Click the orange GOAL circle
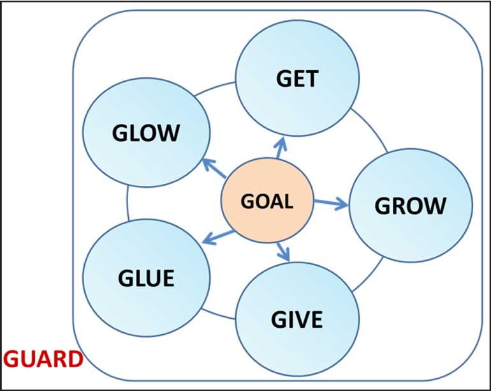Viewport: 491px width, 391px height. (267, 200)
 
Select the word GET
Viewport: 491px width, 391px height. (297, 79)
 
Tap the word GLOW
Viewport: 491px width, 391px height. (146, 133)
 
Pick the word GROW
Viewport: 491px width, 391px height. (410, 206)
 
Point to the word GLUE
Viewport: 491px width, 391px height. (146, 278)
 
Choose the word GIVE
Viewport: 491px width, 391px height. (297, 320)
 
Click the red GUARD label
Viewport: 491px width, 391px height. (43, 359)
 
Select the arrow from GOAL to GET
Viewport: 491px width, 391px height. (281, 148)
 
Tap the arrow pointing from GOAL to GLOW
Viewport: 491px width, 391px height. (214, 168)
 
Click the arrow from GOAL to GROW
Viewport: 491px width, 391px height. (331, 203)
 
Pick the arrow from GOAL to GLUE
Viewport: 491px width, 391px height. (218, 237)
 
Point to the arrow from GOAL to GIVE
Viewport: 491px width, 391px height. (283, 252)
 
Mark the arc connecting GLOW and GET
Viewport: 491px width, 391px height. (214, 88)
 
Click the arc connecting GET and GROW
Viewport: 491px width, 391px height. (370, 129)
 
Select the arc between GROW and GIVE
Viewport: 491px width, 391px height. (369, 276)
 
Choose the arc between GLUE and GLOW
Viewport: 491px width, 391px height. (128, 203)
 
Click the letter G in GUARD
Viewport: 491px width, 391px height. (10, 359)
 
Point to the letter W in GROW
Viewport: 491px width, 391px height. (436, 206)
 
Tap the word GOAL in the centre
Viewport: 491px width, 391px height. (267, 201)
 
